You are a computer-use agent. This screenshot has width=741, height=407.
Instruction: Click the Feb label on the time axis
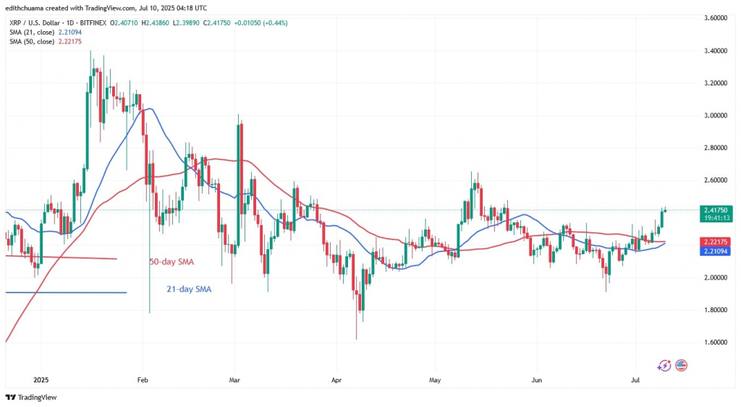tap(143, 379)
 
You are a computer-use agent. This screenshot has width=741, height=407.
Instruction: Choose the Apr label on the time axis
tap(335, 379)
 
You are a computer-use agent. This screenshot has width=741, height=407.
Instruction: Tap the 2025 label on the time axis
tap(41, 379)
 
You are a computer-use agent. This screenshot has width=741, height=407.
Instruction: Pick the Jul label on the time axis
tap(635, 379)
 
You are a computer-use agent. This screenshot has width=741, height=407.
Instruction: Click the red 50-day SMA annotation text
tap(174, 261)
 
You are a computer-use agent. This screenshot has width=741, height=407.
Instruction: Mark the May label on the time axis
tap(434, 379)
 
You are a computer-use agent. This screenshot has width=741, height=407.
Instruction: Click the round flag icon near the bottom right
tap(681, 366)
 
